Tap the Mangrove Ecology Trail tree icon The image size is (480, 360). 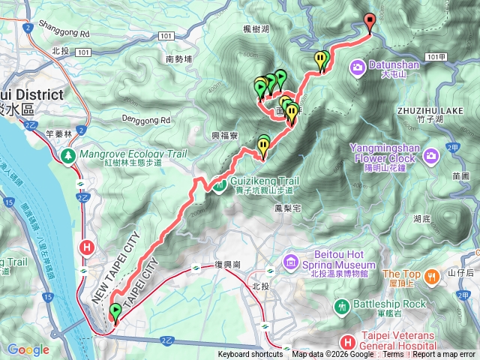[67, 155]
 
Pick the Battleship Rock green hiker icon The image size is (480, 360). [342, 305]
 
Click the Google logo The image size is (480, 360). [28, 349]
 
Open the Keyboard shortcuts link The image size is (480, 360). [250, 355]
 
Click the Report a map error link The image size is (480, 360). [447, 355]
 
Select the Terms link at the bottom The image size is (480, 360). [393, 355]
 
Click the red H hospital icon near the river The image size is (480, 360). [88, 247]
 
